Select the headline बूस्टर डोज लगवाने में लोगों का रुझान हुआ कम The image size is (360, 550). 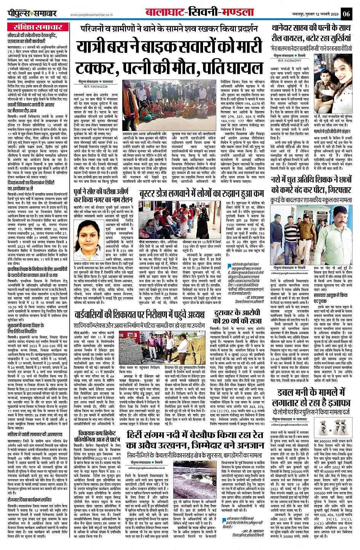(x=201, y=193)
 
